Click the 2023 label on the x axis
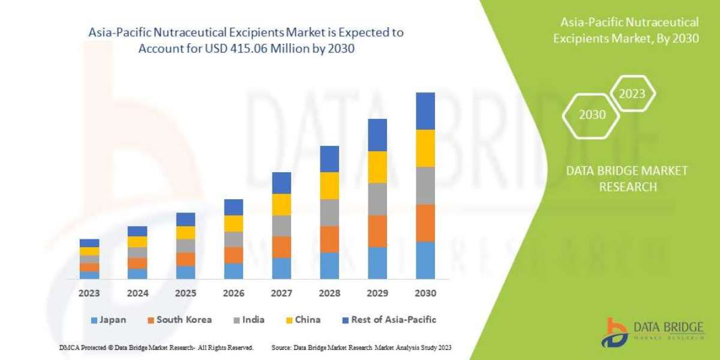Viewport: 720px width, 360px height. (x=89, y=293)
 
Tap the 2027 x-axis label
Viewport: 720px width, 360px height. (x=281, y=293)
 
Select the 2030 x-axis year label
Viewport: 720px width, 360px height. (x=425, y=293)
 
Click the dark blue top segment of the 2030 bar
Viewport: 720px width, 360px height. (x=425, y=111)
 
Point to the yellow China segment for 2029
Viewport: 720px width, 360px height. (x=377, y=167)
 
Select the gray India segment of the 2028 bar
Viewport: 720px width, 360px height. (x=329, y=212)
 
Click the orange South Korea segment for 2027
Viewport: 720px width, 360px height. (x=281, y=247)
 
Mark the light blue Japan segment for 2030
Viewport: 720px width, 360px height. (x=425, y=260)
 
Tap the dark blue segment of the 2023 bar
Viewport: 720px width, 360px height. (x=89, y=243)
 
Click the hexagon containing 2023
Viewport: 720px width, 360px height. (x=632, y=94)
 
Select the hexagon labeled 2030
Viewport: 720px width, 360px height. (x=592, y=114)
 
